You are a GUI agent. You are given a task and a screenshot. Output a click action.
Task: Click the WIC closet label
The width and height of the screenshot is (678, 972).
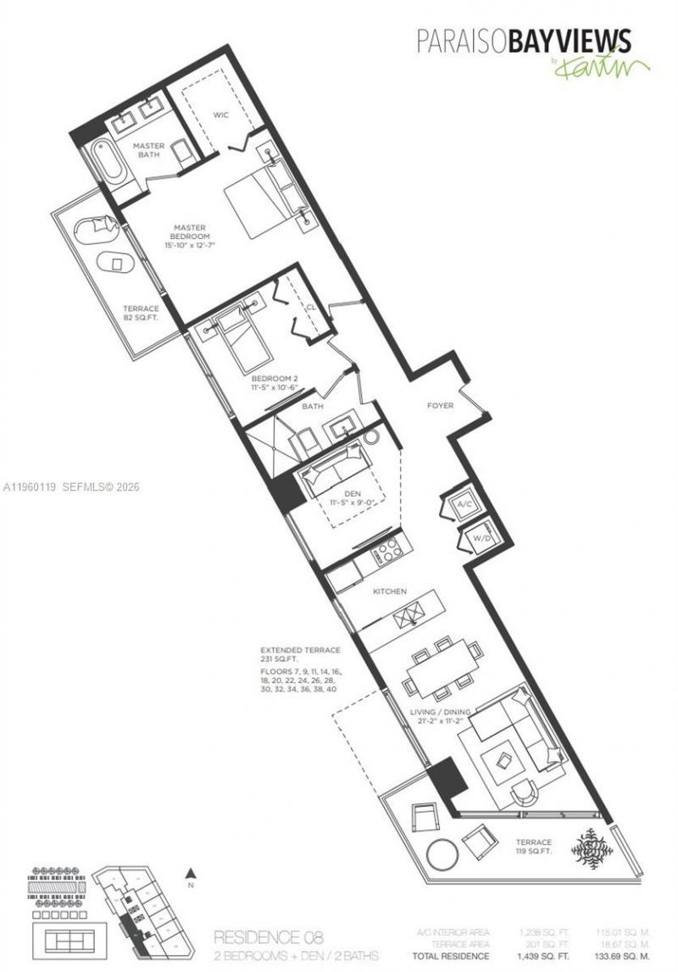coord(221,115)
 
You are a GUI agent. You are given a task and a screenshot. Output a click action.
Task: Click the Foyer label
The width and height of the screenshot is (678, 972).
coord(441,406)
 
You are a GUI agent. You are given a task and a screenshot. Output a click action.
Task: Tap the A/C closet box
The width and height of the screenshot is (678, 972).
coord(464,503)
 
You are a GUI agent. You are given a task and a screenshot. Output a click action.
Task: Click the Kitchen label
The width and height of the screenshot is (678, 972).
coord(392,591)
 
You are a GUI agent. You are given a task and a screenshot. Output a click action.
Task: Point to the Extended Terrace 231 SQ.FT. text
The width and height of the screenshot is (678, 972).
coord(300,654)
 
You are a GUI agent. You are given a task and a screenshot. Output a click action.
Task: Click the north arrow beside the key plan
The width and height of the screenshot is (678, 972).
coord(192,873)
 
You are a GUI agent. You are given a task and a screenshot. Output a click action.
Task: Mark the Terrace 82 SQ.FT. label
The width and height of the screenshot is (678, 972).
coord(142,314)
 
